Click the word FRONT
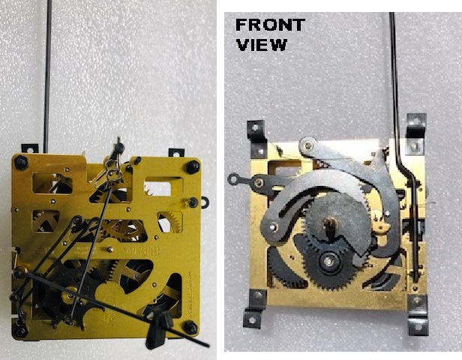tap(270, 25)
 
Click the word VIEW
tap(262, 45)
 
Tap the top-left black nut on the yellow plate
tap(21, 162)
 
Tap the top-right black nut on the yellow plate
tap(193, 167)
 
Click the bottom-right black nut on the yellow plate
tap(190, 328)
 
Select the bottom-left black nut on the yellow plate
tap(20, 330)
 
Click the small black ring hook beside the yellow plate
tap(205, 202)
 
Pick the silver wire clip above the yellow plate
tap(109, 174)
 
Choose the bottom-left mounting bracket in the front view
tap(255, 308)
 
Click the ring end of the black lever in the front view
tap(234, 178)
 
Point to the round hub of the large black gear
tap(328, 260)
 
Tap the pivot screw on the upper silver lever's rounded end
tap(308, 145)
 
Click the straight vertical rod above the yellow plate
tap(47, 76)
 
